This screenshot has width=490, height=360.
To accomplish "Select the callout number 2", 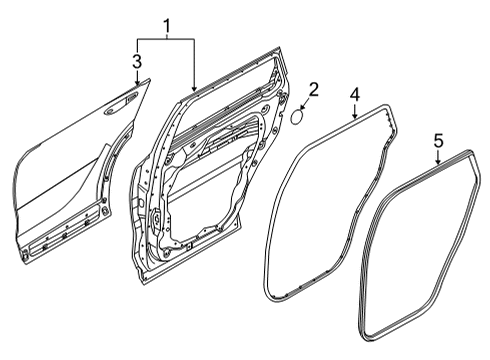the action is pos(313,89).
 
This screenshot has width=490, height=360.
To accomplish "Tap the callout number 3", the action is pos(137,61).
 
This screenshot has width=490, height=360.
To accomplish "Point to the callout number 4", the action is pos(355,94).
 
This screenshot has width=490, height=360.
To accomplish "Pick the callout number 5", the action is pos(438,140).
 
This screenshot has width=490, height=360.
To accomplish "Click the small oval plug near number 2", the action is pos(297,117).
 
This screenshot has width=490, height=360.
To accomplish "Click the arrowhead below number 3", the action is pos(137,82).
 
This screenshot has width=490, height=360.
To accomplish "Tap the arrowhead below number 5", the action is pos(438,161).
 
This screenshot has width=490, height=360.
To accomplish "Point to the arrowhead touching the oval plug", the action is pos(303,107).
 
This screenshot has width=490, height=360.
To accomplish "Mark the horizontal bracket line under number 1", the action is pos(166,39).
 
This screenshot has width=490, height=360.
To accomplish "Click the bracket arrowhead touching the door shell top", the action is pos(194,89).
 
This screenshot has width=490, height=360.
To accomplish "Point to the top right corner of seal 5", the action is pos(472,152).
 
